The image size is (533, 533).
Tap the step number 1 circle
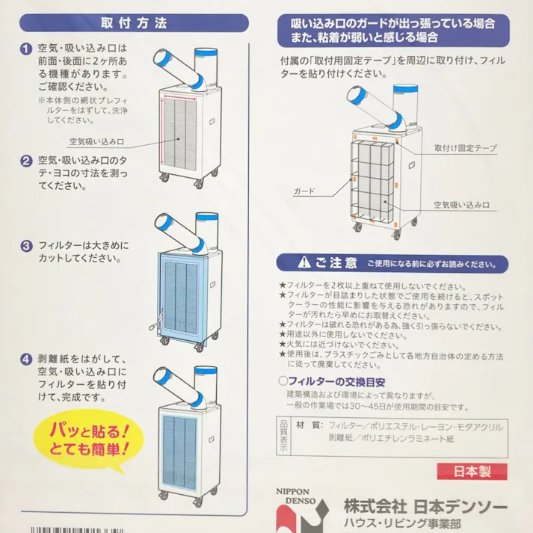(x=25, y=49)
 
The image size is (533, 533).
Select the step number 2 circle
(x=25, y=160)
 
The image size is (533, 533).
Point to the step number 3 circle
(x=25, y=245)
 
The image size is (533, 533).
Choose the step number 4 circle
(x=25, y=358)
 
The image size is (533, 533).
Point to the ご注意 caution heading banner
(x=392, y=263)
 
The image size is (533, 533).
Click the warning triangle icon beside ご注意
(x=303, y=263)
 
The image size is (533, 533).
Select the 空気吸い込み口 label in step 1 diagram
(x=96, y=141)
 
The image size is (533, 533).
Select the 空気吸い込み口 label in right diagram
(x=461, y=203)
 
